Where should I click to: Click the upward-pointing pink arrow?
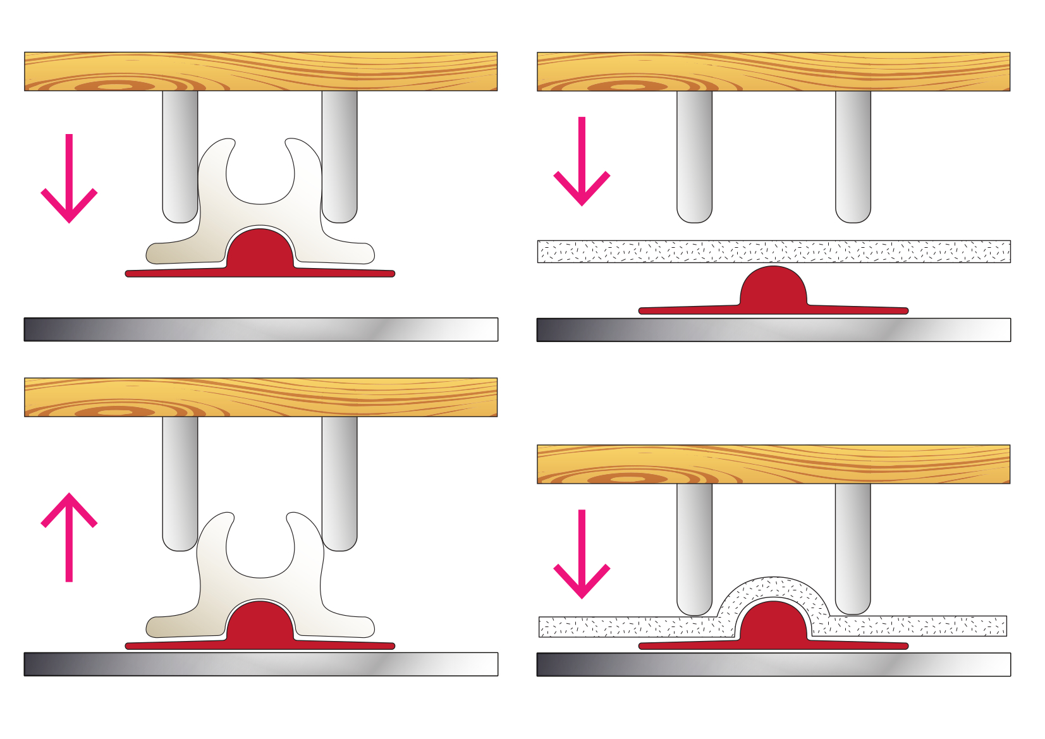pyautogui.click(x=69, y=537)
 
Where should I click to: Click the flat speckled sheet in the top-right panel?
pyautogui.click(x=773, y=251)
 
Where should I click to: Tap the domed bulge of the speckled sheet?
pyautogui.click(x=773, y=588)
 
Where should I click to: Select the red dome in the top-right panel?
pyautogui.click(x=773, y=288)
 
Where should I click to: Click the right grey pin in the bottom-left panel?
pyautogui.click(x=339, y=480)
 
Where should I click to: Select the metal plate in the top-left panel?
pyautogui.click(x=260, y=329)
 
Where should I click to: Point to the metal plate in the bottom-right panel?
pyautogui.click(x=773, y=664)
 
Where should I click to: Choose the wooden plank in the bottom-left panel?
pyautogui.click(x=260, y=397)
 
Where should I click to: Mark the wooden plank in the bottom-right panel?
pyautogui.click(x=773, y=464)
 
